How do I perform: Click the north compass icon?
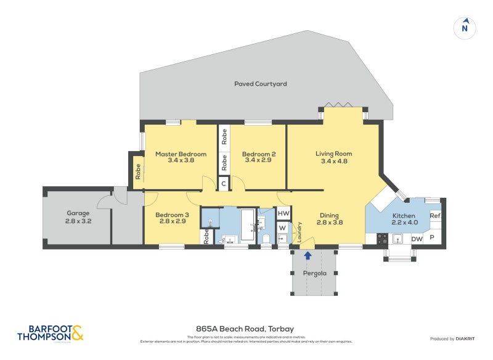tap(465, 27)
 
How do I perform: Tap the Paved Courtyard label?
tap(260, 84)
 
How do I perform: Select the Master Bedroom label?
tap(181, 154)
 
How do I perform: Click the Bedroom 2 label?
tap(258, 154)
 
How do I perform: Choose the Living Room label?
tap(333, 154)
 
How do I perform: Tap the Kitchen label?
tap(405, 215)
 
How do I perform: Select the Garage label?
tap(78, 213)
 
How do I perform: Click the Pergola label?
tap(314, 273)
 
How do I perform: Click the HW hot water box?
tap(283, 213)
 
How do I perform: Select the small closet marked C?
tap(224, 182)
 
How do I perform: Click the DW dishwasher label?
tap(417, 239)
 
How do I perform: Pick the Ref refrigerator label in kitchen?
tap(434, 216)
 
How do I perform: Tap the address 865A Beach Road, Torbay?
tap(246, 330)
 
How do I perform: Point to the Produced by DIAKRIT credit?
tap(455, 339)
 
